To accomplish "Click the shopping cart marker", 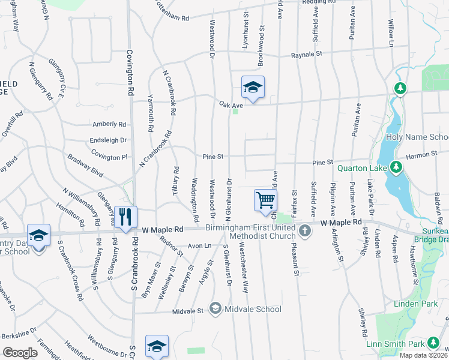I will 265,200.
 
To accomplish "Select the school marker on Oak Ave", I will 253,88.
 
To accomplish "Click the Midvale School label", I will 252,309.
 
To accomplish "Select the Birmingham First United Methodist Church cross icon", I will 305,231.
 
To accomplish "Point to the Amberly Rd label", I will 109,124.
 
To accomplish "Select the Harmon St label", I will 421,155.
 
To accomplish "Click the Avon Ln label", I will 199,246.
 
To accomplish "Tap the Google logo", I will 20,353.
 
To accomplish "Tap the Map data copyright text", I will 424,355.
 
